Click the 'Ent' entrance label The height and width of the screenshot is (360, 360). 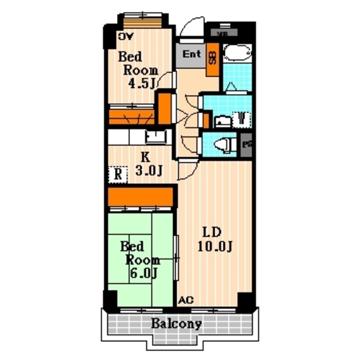point(191,55)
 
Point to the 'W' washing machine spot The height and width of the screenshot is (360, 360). point(241,118)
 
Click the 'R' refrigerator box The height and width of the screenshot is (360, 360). point(118,174)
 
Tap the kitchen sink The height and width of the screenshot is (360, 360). point(155,136)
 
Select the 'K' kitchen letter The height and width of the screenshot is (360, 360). point(145,156)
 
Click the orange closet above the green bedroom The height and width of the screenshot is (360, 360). point(141,195)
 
